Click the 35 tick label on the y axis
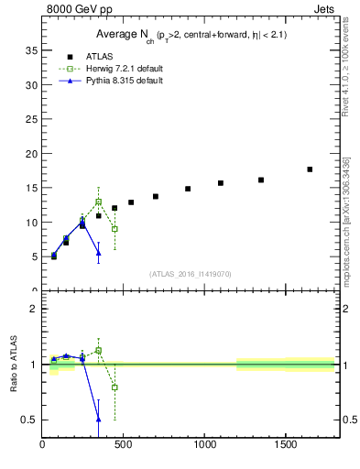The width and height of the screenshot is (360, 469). point(31,49)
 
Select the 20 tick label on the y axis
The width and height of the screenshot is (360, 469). point(31,153)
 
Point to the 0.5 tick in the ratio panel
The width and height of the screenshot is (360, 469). point(30,420)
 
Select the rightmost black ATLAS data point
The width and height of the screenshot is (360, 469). point(310,169)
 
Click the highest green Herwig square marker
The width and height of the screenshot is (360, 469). point(98,202)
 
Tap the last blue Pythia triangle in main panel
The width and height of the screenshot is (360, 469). point(98,253)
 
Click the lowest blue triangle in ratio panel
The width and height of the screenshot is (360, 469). point(98,420)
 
